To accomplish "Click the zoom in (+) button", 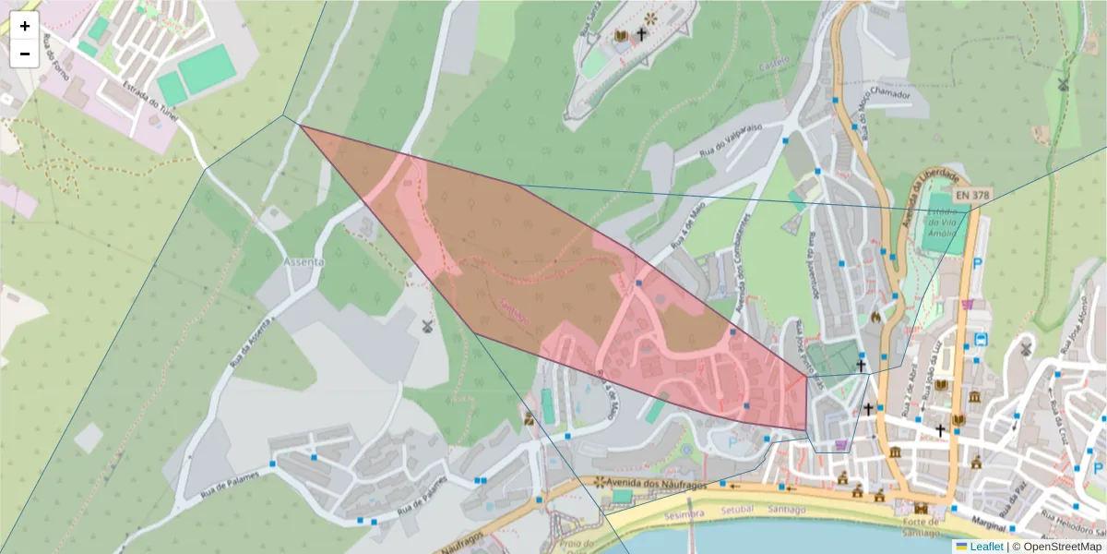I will (x=25, y=27).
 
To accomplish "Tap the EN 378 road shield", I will (x=973, y=196).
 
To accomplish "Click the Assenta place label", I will (x=304, y=262).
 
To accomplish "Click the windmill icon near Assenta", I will (x=426, y=325).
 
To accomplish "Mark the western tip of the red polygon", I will (x=302, y=126).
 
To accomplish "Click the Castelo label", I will (x=774, y=63).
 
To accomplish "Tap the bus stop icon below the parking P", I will (x=981, y=339).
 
